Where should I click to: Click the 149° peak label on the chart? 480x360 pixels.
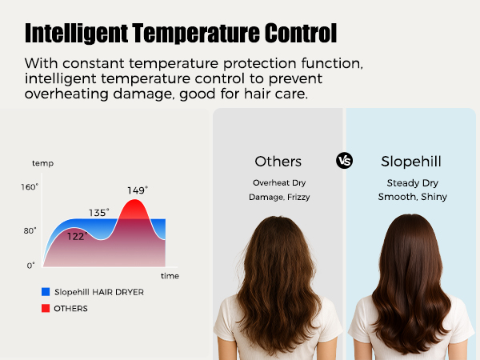pos(138,190)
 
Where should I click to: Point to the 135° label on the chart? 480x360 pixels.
pos(98,213)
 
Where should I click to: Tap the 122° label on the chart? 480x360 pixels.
pos(76,237)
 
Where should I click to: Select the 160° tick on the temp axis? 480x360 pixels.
pos(30,187)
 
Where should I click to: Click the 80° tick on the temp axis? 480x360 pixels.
pos(30,230)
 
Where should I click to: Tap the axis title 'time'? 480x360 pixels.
pos(170,275)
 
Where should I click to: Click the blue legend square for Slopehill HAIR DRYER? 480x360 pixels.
pos(45,292)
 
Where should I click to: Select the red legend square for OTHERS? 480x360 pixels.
pos(45,308)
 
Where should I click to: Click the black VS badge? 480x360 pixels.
pos(345,161)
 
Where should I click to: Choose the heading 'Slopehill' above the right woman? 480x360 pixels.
pos(412,162)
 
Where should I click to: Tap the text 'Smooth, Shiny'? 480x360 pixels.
pos(412,197)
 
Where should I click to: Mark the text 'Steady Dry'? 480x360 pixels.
pos(412,182)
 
